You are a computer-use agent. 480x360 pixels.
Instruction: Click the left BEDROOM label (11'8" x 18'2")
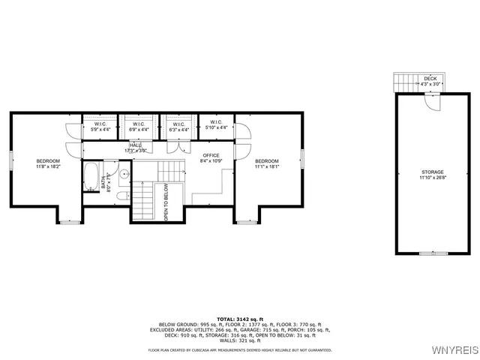point(48,163)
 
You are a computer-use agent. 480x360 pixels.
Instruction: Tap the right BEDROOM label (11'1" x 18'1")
point(266,163)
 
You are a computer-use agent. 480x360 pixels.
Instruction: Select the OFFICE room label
point(210,157)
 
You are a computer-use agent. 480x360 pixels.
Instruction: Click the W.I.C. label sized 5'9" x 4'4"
point(101,126)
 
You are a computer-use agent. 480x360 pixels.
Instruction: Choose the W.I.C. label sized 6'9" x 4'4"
point(139,126)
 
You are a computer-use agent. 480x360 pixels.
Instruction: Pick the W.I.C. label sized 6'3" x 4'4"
point(179,126)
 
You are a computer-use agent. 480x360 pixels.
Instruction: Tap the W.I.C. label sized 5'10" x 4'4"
point(216,124)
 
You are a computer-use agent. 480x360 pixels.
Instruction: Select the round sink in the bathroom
point(124,175)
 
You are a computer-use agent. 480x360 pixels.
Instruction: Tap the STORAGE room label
point(431,175)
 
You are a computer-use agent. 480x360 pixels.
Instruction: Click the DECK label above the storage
point(430,81)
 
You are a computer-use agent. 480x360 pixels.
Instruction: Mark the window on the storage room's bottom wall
point(430,253)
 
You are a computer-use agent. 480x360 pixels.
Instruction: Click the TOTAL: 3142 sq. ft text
point(239,319)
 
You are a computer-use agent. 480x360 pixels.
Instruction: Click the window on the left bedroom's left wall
point(10,160)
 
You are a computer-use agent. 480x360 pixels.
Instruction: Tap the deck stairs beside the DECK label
point(406,82)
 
